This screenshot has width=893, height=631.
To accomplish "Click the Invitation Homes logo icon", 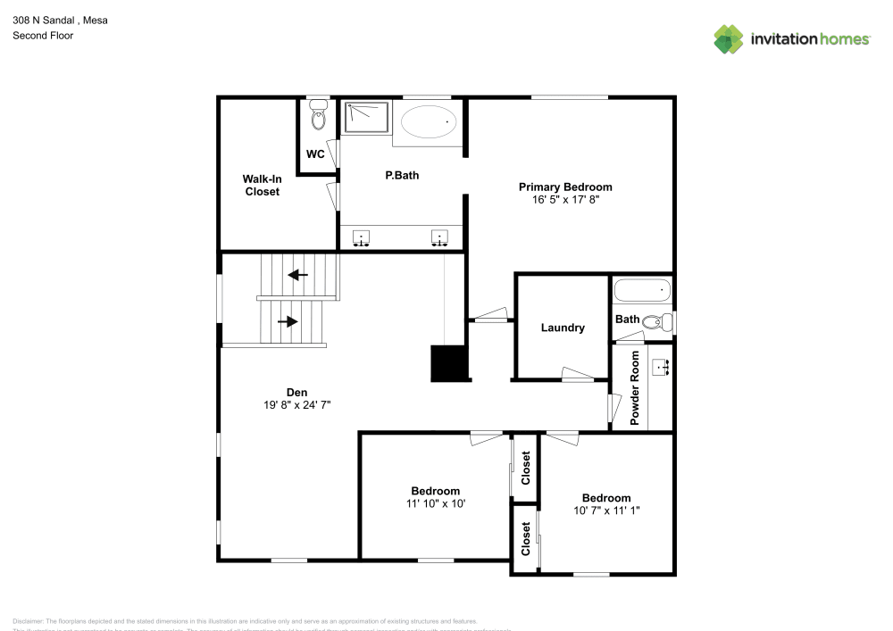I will click(729, 38).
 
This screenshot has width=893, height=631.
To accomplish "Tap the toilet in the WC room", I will click(318, 115).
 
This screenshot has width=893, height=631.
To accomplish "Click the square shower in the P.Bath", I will click(367, 117).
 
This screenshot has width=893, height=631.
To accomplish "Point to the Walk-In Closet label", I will click(262, 185).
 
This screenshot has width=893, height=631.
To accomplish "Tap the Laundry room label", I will click(563, 328).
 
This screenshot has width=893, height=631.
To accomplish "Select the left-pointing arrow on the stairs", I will click(297, 274).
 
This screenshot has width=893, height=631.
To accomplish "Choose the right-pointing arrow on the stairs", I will click(288, 320).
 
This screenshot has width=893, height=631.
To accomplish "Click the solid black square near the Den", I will click(449, 363).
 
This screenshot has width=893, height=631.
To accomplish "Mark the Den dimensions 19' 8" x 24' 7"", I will click(296, 405).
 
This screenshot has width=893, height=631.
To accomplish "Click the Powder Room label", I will click(635, 387).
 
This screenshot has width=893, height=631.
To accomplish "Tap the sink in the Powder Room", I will click(663, 367).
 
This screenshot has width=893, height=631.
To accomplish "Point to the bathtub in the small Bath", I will click(641, 289).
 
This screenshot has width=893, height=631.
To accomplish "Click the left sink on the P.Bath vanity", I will click(362, 237).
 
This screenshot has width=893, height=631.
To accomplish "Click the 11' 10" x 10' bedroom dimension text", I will click(435, 503).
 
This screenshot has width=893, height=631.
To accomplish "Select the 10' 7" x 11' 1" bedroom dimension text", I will click(605, 511).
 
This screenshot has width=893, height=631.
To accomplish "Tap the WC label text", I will click(315, 154).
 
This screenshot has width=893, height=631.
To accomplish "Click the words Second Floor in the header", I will click(43, 36).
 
